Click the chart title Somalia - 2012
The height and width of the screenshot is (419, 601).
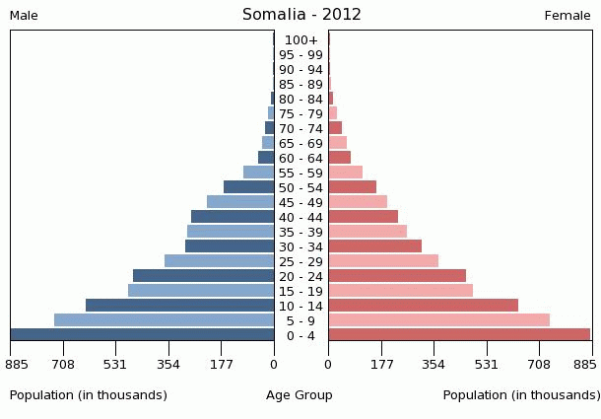click(301, 15)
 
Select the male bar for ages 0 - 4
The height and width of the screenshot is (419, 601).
click(143, 334)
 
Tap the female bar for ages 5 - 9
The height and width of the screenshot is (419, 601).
click(439, 319)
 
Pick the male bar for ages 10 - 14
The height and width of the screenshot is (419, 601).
click(179, 305)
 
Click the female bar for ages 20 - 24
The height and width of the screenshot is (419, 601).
click(397, 275)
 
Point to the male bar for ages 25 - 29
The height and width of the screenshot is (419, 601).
click(220, 261)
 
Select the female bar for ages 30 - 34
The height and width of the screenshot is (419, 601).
click(375, 245)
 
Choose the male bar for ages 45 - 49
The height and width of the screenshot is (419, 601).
click(240, 202)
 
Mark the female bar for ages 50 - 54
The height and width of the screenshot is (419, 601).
click(353, 187)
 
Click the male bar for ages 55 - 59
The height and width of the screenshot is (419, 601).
click(259, 173)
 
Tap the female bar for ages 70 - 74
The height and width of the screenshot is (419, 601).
click(335, 128)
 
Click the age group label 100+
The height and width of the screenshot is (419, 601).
click(301, 39)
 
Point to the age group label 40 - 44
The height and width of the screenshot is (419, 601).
click(300, 218)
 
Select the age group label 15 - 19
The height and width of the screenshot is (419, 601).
click(300, 292)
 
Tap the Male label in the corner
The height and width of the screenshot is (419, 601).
click(24, 16)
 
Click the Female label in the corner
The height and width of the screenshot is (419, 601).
click(568, 16)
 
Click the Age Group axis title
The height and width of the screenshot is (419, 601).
click(300, 395)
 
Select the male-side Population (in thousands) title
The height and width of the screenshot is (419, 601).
click(88, 395)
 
